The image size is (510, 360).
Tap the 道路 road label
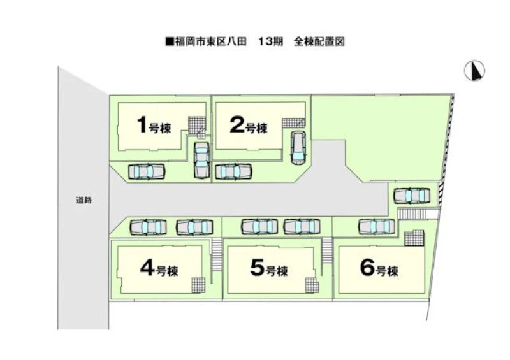(x=84, y=200)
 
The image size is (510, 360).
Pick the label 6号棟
(x=380, y=270)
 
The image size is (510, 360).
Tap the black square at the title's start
(x=169, y=42)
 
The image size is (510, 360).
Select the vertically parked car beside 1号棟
(x=201, y=160)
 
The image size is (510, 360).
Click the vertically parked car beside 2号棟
(x=298, y=148)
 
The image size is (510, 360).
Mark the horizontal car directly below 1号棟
(x=147, y=171)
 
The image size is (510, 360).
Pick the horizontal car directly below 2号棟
(x=233, y=171)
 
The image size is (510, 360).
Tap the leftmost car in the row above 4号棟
(x=148, y=227)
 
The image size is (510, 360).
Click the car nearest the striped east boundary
(x=412, y=195)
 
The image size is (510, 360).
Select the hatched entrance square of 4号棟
(x=198, y=285)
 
